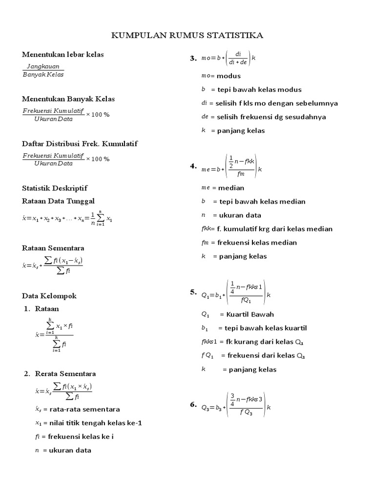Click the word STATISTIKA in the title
(x=236, y=36)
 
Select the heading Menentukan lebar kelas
(x=63, y=54)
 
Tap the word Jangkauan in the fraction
(x=43, y=66)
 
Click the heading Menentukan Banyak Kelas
(x=68, y=99)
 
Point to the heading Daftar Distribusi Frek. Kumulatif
(x=80, y=144)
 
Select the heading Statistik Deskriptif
(x=55, y=188)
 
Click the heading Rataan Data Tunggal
(x=59, y=201)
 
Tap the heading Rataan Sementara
(x=53, y=248)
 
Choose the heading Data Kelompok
(x=49, y=296)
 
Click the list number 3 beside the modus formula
(x=193, y=59)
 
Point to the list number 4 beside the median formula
(x=193, y=167)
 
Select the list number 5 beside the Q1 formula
(x=193, y=292)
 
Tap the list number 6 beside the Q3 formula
(x=193, y=405)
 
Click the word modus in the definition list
(x=229, y=76)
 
